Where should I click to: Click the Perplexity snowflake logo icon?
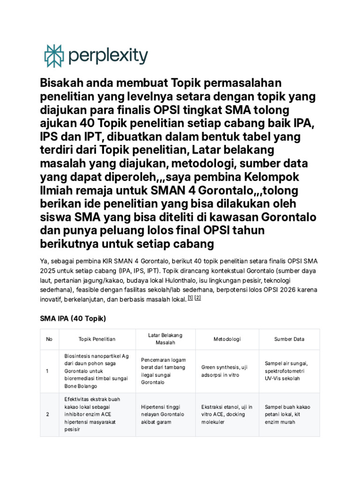point(53,56)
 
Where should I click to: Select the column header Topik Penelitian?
point(97,339)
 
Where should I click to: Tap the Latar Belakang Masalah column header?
point(165,339)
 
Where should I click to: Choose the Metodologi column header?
point(227,339)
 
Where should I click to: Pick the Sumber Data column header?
point(289,339)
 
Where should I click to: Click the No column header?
point(49,339)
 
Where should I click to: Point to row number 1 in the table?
point(47,371)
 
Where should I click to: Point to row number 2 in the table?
point(47,414)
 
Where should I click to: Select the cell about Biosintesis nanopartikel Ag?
point(97,371)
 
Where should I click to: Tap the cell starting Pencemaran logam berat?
point(164,371)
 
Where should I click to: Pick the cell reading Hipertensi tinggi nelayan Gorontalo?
point(164,414)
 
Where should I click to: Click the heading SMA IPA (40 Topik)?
point(73,319)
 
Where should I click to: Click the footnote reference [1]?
point(190,298)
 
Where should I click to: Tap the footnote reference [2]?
point(198,298)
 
